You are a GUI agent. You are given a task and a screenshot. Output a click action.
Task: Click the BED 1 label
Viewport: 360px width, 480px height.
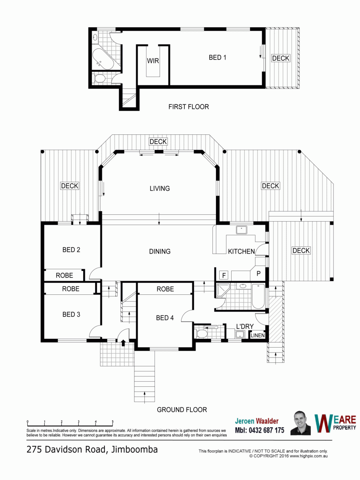[217, 58]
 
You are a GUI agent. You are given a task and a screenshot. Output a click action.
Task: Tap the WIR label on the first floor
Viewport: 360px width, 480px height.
[153, 60]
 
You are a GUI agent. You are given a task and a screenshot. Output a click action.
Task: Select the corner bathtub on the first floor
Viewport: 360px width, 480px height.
[102, 59]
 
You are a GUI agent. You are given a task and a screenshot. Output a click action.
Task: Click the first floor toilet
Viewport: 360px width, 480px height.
[99, 78]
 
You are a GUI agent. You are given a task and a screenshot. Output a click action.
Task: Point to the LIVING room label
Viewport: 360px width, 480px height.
[160, 188]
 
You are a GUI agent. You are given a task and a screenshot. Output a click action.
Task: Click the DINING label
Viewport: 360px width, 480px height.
[160, 252]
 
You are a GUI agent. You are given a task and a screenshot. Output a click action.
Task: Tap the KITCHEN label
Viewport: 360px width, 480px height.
[241, 252]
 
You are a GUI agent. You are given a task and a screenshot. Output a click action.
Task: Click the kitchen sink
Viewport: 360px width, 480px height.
[241, 230]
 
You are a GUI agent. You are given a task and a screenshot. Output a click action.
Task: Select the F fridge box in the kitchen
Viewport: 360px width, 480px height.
[224, 275]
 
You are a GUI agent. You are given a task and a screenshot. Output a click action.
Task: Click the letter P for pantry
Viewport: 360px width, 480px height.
[258, 273]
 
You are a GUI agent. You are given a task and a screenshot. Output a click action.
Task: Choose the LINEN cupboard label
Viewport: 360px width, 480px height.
[258, 335]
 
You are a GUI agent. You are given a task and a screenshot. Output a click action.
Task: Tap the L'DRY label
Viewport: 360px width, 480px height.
[245, 326]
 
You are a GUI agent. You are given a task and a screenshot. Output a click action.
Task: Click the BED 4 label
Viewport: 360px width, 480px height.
[165, 318]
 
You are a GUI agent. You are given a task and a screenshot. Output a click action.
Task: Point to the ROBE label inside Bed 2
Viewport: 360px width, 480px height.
[64, 275]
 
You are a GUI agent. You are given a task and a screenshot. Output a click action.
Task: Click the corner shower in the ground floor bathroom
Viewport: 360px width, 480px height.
[223, 290]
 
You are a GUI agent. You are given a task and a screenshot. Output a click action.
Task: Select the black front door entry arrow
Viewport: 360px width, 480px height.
[123, 343]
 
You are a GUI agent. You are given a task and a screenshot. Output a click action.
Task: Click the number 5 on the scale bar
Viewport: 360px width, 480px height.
[113, 422]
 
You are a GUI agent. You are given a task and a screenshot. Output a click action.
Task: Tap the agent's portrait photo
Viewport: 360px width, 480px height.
[300, 423]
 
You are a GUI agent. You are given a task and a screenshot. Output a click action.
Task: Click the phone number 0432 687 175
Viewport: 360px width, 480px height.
[266, 430]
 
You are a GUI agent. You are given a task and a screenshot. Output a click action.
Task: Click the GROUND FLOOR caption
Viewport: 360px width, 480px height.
[182, 410]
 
